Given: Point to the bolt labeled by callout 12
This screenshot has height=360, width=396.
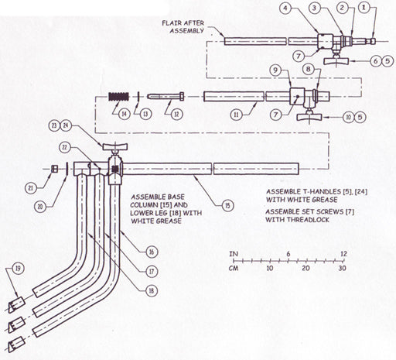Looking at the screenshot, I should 163,97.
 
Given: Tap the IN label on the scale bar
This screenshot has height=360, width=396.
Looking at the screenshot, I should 234,252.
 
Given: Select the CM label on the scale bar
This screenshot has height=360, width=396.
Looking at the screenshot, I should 234,268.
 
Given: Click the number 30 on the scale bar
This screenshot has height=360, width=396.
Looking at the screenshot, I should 342,268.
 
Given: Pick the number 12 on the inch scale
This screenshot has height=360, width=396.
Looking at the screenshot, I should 342,252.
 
